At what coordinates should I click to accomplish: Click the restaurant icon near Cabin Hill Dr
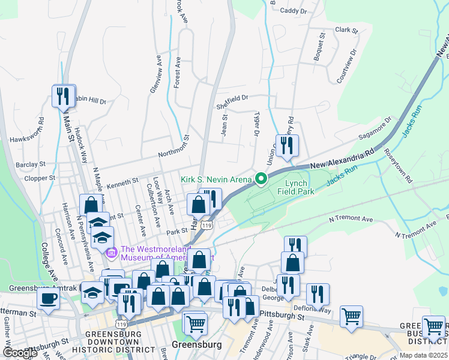(64, 96)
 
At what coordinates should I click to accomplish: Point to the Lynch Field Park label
(292, 187)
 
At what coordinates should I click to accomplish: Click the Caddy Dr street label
(294, 11)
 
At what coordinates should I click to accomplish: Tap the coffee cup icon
(49, 298)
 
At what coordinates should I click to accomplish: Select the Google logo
(19, 353)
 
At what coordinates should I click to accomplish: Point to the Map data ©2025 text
(423, 355)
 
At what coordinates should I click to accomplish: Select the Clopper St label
(40, 178)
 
